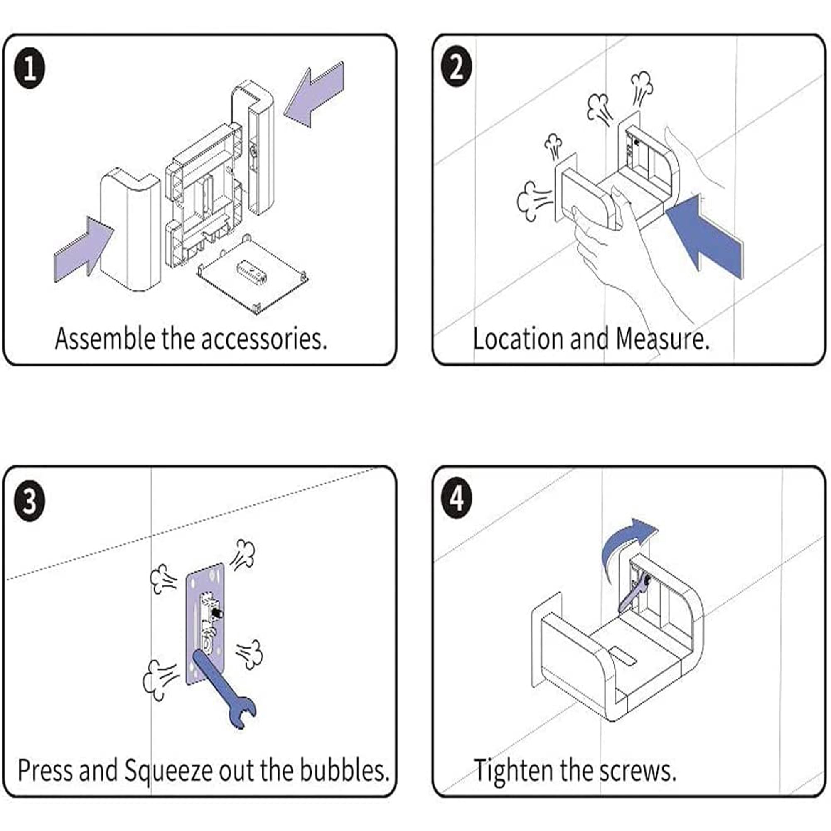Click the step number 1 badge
[29, 69]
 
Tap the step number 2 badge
[457, 68]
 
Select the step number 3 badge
[29, 501]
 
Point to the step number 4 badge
[457, 499]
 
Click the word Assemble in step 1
[105, 339]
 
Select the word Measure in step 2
[661, 339]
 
